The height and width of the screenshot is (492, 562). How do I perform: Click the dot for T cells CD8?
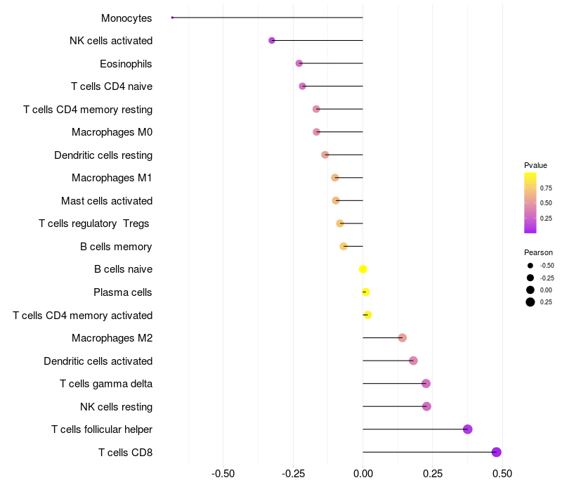point(497,452)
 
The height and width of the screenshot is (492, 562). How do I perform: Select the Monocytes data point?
point(172,18)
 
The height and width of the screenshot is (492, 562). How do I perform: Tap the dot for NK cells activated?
point(272,41)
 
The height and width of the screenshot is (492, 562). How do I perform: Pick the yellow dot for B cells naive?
point(363,269)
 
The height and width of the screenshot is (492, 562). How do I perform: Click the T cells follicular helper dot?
point(468,429)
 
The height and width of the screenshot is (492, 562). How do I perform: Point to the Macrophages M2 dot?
point(403,338)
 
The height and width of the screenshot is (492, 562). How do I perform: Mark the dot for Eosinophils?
point(299,63)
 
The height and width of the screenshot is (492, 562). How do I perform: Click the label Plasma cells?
point(123,292)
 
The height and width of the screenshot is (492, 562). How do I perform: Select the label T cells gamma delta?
point(106,384)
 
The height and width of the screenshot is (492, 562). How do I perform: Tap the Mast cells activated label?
point(107,201)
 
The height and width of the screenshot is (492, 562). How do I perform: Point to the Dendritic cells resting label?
point(103,155)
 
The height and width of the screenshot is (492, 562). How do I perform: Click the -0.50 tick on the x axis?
point(223,473)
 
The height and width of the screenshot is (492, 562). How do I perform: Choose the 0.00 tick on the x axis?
point(362,473)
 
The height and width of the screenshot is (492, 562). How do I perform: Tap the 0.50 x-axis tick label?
point(502,473)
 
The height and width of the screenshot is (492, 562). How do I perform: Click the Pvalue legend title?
point(535,165)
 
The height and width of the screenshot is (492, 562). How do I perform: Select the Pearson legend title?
point(538,252)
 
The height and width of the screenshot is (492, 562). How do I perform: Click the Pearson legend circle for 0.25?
point(530,302)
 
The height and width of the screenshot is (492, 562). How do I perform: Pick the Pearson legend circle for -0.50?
point(530,266)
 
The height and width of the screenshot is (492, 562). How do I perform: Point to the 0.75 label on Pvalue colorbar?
point(546,188)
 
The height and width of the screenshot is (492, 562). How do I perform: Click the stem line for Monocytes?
point(267,18)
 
